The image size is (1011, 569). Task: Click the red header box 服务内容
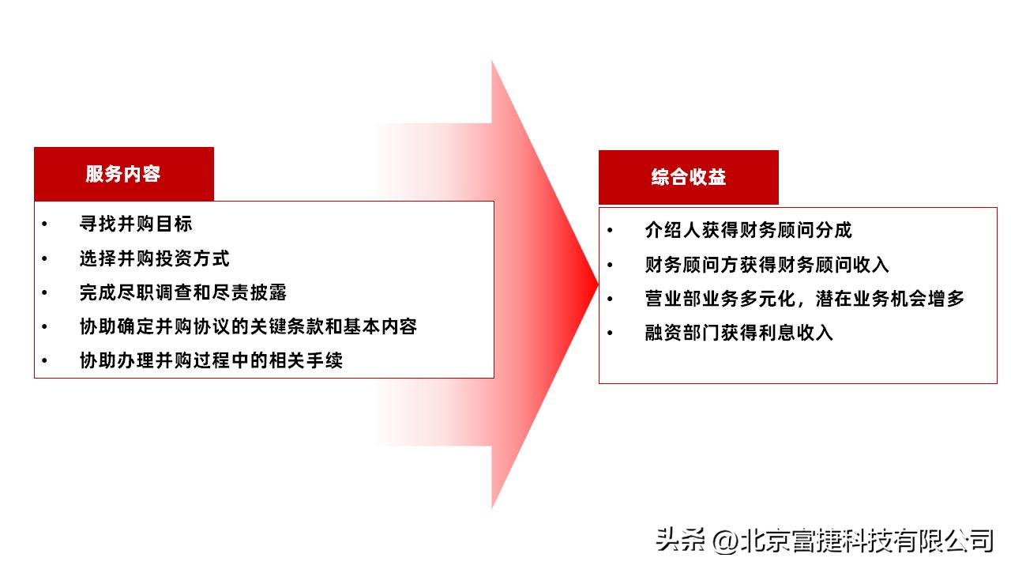(124, 174)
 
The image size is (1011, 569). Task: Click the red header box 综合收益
(688, 177)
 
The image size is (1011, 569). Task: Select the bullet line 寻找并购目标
(136, 224)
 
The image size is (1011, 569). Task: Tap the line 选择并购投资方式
(154, 258)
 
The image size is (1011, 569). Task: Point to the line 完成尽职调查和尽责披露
(182, 292)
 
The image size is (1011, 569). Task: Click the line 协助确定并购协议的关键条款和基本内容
(248, 326)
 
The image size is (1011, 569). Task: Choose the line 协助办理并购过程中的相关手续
(211, 361)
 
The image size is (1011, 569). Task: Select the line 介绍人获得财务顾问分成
(748, 230)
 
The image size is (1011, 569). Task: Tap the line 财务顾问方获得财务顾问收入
(767, 264)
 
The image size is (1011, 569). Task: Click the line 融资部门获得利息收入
(739, 332)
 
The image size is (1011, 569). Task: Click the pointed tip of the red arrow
(596, 283)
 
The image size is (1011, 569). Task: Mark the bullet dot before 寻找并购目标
(45, 224)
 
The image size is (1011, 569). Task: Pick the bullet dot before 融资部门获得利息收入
(610, 333)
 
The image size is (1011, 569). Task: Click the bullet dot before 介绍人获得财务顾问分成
(610, 231)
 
